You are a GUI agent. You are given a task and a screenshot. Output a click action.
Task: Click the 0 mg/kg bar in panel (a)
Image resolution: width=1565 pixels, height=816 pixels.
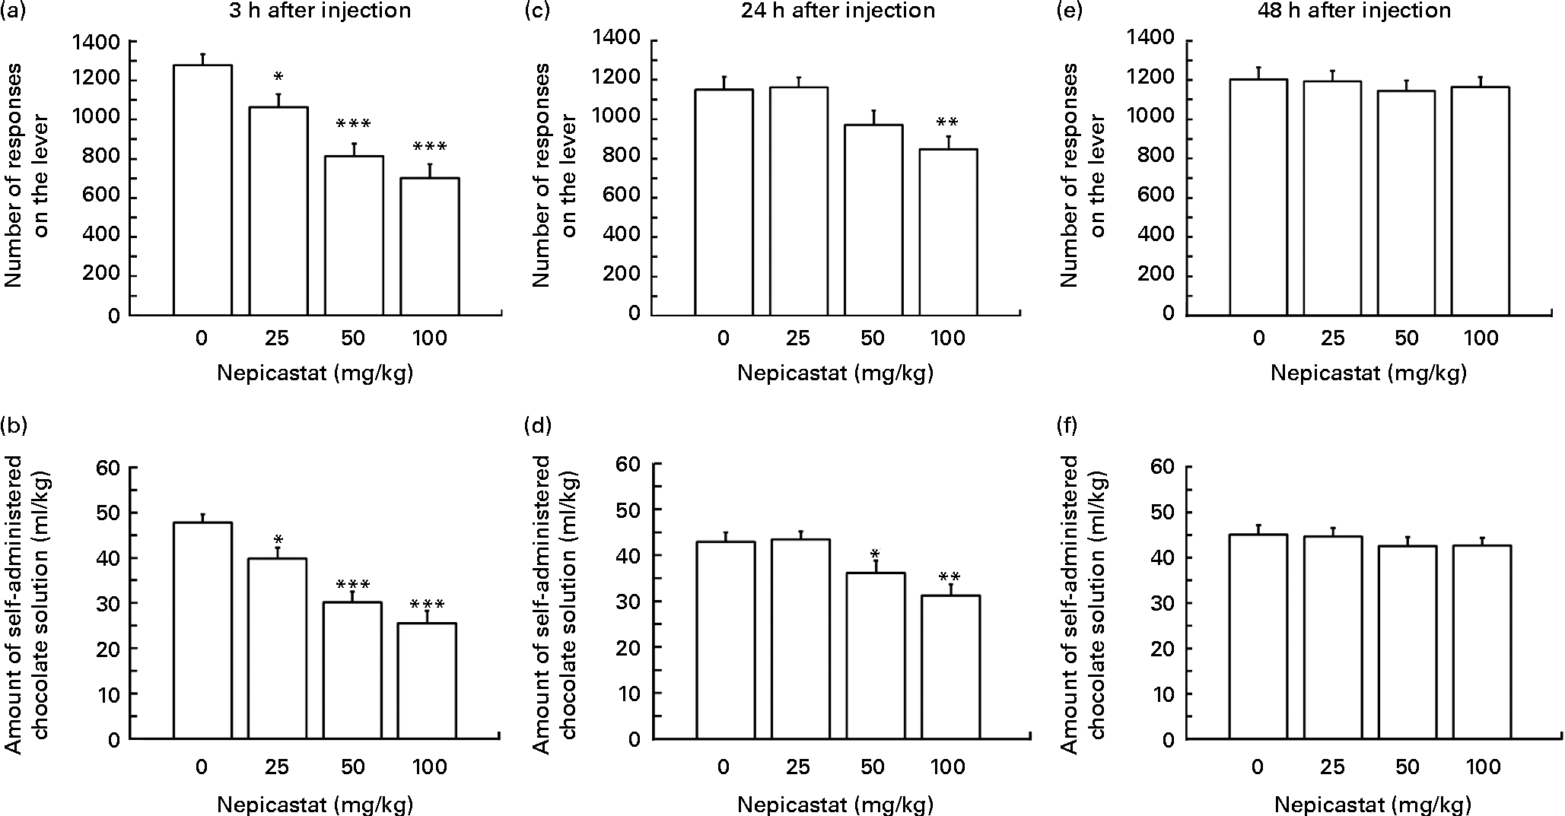click(x=202, y=190)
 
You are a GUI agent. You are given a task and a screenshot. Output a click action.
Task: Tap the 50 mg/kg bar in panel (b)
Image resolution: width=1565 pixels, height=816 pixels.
click(x=354, y=670)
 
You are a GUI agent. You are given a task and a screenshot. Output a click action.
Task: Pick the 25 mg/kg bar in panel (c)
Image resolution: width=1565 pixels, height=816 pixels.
click(x=798, y=201)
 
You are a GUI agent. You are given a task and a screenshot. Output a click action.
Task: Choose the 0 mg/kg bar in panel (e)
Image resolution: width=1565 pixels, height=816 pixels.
click(x=1258, y=197)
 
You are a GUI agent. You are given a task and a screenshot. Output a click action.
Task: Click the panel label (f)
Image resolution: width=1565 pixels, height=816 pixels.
click(x=1069, y=425)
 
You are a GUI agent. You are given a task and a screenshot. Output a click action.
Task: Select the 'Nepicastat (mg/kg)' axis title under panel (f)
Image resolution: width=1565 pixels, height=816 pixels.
click(x=1372, y=805)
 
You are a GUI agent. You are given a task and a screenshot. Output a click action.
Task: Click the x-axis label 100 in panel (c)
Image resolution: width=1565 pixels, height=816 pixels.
click(x=948, y=338)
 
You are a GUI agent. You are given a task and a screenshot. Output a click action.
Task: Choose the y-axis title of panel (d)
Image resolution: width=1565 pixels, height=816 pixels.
click(x=552, y=605)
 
